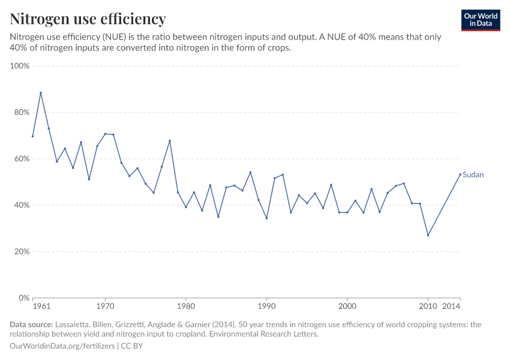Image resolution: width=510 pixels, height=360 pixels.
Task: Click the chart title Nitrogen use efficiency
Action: pos(88,19)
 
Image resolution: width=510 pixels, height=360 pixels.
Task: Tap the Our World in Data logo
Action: pos(480,20)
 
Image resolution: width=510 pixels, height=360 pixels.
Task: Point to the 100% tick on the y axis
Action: pos(20,66)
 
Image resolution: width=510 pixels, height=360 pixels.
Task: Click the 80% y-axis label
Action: pos(22,112)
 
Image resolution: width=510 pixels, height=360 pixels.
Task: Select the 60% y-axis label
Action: pos(22,159)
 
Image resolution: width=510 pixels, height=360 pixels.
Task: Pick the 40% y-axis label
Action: pos(22,205)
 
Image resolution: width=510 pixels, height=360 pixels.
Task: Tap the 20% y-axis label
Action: pos(22,251)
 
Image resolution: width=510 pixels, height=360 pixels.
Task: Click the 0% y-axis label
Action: pos(24,298)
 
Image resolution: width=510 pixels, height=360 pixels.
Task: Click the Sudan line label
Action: pos(473,175)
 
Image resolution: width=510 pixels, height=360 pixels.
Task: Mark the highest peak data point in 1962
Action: pos(41,93)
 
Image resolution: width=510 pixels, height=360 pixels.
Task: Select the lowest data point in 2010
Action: pos(428,235)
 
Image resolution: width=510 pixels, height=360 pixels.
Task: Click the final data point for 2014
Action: pos(460,175)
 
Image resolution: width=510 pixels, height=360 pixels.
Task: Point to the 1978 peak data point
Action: pos(170,141)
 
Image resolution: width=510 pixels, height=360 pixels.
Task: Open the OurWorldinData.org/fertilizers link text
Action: pos(63,346)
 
